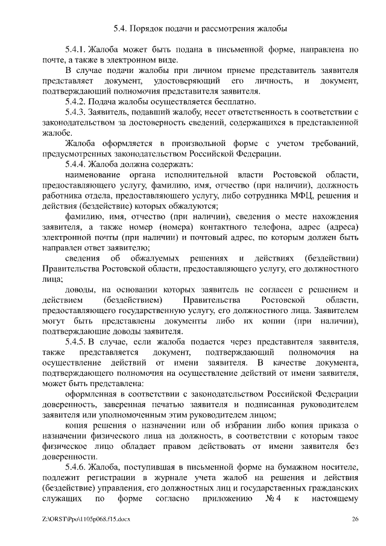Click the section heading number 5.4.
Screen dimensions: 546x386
[x=121, y=28]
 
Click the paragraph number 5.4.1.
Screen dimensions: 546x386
[x=76, y=49]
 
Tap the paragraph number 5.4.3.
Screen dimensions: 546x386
[x=76, y=112]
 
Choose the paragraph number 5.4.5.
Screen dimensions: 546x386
[x=76, y=341]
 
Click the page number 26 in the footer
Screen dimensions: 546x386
[x=355, y=519]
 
